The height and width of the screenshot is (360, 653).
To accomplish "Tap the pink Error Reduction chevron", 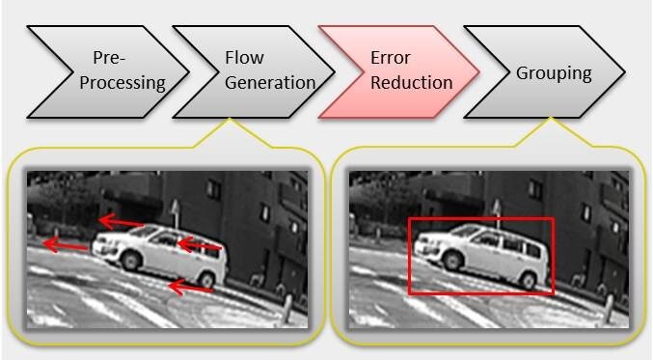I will pyautogui.click(x=396, y=70).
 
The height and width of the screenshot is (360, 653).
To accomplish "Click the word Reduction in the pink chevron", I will pyautogui.click(x=411, y=82).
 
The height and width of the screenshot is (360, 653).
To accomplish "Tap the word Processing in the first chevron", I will pyautogui.click(x=123, y=82).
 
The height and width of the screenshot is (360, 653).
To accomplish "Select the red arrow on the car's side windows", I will pyautogui.click(x=201, y=248).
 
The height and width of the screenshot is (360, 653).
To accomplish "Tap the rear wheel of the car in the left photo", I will pyautogui.click(x=205, y=278).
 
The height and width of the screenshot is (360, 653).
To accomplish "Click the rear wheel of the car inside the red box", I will pyautogui.click(x=528, y=278).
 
